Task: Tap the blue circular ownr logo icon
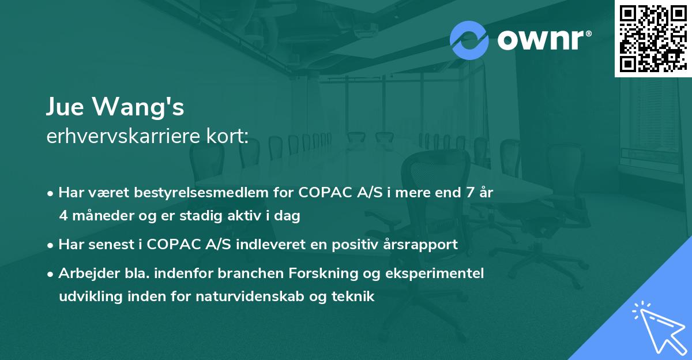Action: pos(469,40)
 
